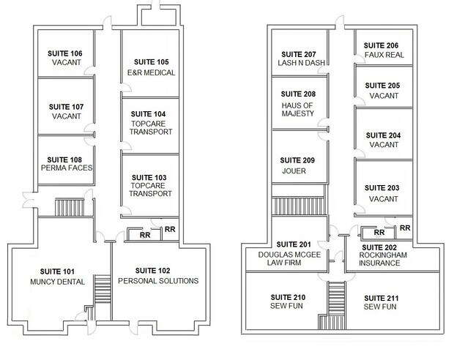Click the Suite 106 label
pyautogui.click(x=65, y=53)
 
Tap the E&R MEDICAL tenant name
pyautogui.click(x=151, y=72)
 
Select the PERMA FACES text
pyautogui.click(x=67, y=168)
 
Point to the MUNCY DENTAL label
pyautogui.click(x=57, y=282)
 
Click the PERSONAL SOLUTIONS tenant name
pyautogui.click(x=158, y=281)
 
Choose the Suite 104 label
pyautogui.click(x=148, y=114)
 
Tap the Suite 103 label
pyautogui.click(x=149, y=177)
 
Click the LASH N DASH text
pyautogui.click(x=302, y=63)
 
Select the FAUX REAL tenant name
pyautogui.click(x=384, y=55)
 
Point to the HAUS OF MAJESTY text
pyautogui.click(x=298, y=110)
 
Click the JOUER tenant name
pyautogui.click(x=294, y=171)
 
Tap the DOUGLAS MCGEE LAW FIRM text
pyautogui.click(x=289, y=259)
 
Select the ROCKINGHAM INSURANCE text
pyautogui.click(x=383, y=259)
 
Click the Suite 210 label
pyautogui.click(x=288, y=297)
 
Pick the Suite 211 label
pyautogui.click(x=382, y=298)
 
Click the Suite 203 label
pyautogui.click(x=382, y=188)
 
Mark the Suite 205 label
pyautogui.click(x=382, y=86)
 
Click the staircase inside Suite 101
pyautogui.click(x=103, y=289)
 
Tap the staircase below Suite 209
pyautogui.click(x=299, y=206)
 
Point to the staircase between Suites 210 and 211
pyautogui.click(x=336, y=305)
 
